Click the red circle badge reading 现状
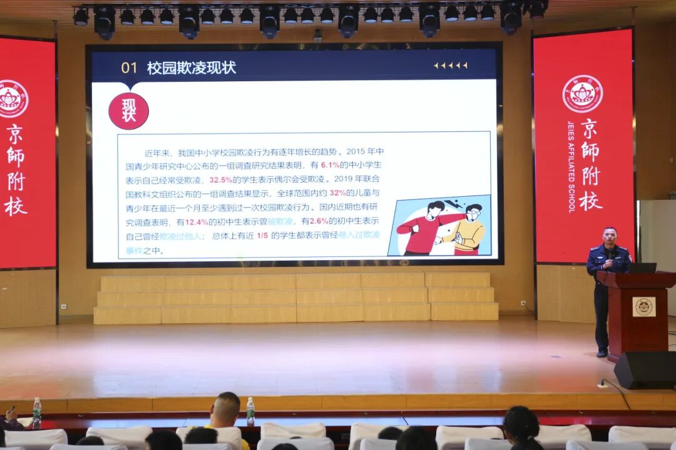coord(128,111)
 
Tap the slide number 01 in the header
coord(129,68)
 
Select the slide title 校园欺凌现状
coord(192,68)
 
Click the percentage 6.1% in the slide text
coord(330,165)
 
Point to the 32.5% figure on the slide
coord(221,179)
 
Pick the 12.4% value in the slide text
coord(196,222)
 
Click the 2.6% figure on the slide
coord(319,222)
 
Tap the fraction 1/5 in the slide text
coord(262,236)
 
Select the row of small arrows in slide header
coord(451,66)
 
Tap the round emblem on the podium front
coord(643,306)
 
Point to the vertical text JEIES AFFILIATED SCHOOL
coord(571,167)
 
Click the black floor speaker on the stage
coord(645,370)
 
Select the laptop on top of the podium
coord(643,267)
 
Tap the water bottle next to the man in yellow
coord(250,410)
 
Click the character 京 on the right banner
coord(589,129)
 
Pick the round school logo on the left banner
coord(13,99)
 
